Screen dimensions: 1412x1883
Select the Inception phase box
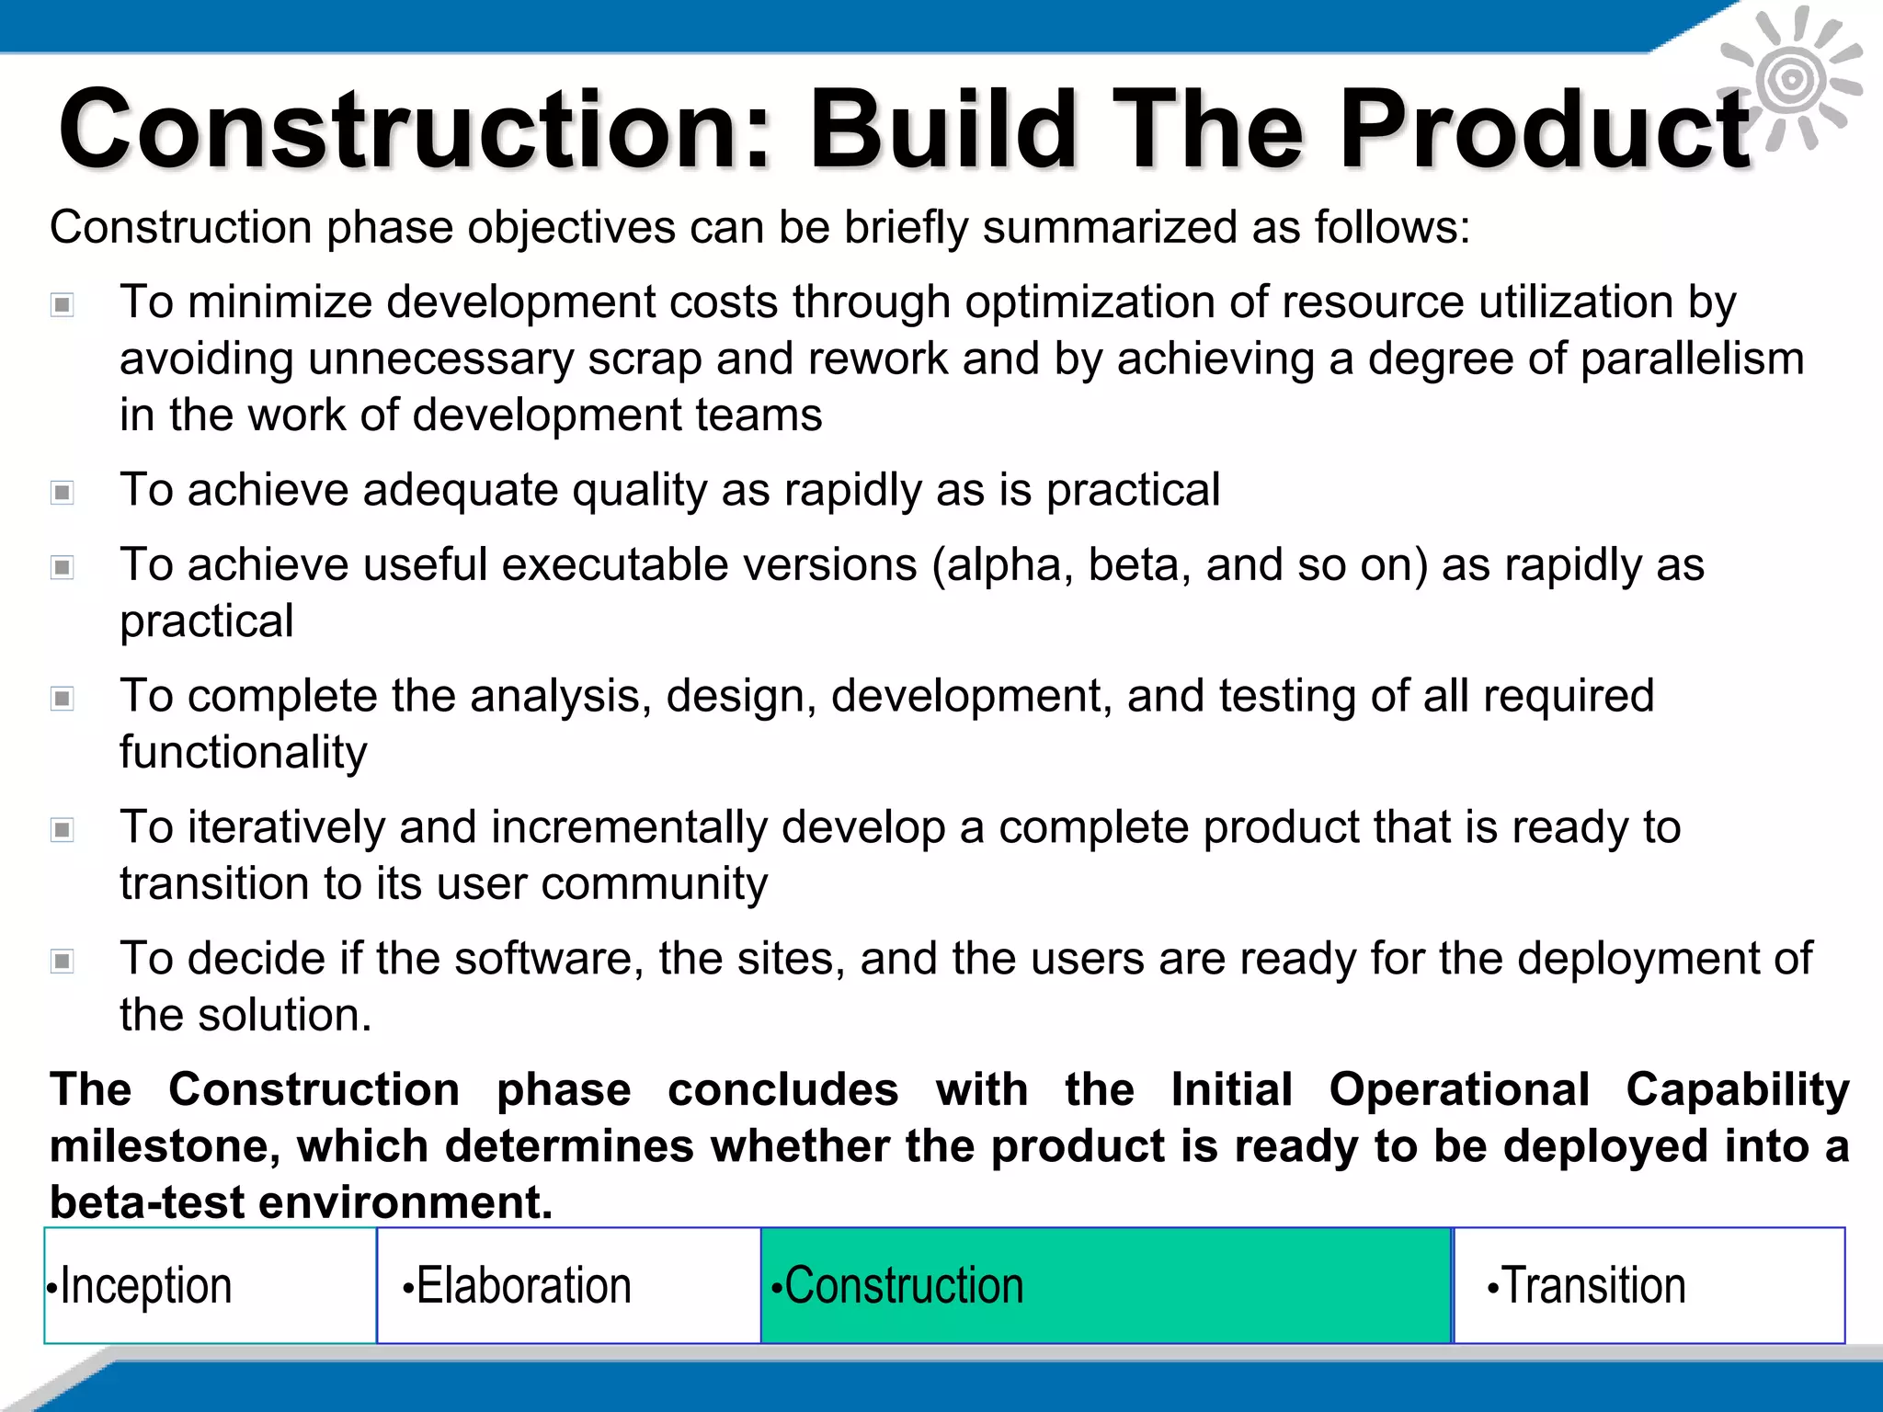pyautogui.click(x=211, y=1285)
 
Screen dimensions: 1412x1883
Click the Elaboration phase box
pyautogui.click(x=568, y=1285)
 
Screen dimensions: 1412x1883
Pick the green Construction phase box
pyautogui.click(x=1106, y=1285)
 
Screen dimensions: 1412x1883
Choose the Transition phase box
pyautogui.click(x=1649, y=1285)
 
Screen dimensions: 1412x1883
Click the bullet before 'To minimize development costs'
pyautogui.click(x=63, y=304)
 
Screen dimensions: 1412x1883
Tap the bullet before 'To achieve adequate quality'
pyautogui.click(x=63, y=493)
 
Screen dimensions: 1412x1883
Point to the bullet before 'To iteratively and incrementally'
pyautogui.click(x=63, y=830)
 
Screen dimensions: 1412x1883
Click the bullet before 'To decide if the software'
pyautogui.click(x=63, y=962)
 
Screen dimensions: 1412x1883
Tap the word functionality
pyautogui.click(x=244, y=753)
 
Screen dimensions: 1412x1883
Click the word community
pyautogui.click(x=654, y=884)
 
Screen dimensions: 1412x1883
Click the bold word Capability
pyautogui.click(x=1737, y=1090)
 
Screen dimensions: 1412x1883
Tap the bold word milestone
pyautogui.click(x=165, y=1146)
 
